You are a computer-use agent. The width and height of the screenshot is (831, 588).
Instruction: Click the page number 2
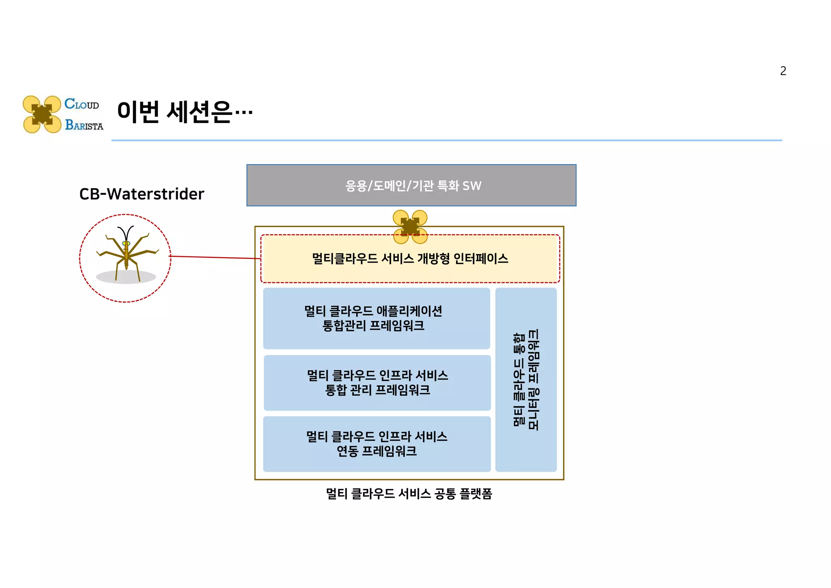783,71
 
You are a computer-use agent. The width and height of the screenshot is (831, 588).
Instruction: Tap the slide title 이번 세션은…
185,112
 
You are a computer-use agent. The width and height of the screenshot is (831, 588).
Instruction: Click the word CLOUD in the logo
82,104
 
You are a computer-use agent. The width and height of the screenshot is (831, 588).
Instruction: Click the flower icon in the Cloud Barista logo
42,114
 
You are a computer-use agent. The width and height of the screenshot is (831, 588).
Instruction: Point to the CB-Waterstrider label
142,194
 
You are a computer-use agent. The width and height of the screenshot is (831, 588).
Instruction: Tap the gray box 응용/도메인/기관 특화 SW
411,185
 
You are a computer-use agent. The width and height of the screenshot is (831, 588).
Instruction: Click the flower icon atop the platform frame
410,227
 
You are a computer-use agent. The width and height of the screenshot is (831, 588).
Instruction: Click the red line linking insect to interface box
215,257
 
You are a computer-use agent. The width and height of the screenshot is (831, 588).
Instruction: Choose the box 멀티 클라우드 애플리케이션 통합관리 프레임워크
377,318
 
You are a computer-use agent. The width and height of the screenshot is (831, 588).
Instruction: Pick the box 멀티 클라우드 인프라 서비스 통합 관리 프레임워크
377,383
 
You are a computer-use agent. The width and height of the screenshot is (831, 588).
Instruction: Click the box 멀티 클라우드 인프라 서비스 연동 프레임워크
377,444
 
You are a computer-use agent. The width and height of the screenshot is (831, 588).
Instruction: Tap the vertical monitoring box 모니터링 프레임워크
526,379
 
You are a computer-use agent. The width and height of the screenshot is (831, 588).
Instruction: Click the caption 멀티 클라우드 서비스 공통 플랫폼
409,493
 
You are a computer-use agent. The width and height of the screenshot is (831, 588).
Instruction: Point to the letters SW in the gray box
472,186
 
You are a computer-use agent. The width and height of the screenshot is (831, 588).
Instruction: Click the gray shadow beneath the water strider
126,278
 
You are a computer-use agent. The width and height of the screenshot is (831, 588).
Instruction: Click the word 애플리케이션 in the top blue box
409,311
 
